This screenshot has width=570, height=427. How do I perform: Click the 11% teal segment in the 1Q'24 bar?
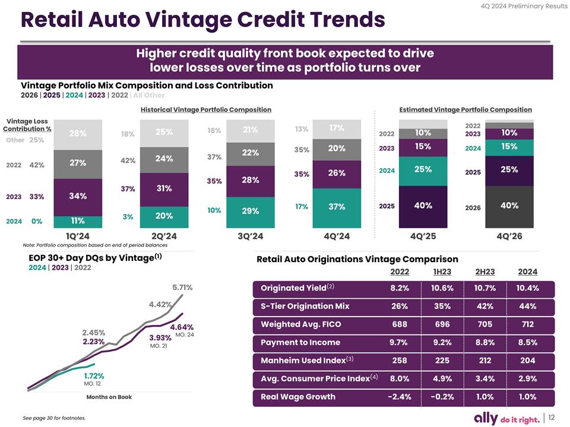[78, 221]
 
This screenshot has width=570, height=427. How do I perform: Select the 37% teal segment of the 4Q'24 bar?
[337, 206]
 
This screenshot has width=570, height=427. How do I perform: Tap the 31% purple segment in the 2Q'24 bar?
[164, 189]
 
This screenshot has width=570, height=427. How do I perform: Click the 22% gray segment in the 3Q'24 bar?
[250, 152]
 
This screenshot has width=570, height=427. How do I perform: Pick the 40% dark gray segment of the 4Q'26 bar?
[509, 206]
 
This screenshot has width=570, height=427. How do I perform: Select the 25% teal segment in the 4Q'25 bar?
[423, 169]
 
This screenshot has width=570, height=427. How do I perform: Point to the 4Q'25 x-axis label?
[423, 236]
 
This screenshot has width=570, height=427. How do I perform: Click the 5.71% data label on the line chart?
[182, 288]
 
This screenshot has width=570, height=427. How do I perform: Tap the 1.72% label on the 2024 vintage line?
[94, 375]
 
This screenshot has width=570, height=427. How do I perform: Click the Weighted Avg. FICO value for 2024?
[527, 324]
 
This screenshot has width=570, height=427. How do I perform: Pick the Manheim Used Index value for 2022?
[399, 361]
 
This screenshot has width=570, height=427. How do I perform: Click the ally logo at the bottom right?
[488, 419]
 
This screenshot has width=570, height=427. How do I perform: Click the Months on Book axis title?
[109, 397]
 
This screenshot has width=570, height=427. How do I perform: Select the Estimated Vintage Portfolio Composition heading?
[465, 110]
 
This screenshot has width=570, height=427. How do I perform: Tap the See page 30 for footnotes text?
[54, 418]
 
